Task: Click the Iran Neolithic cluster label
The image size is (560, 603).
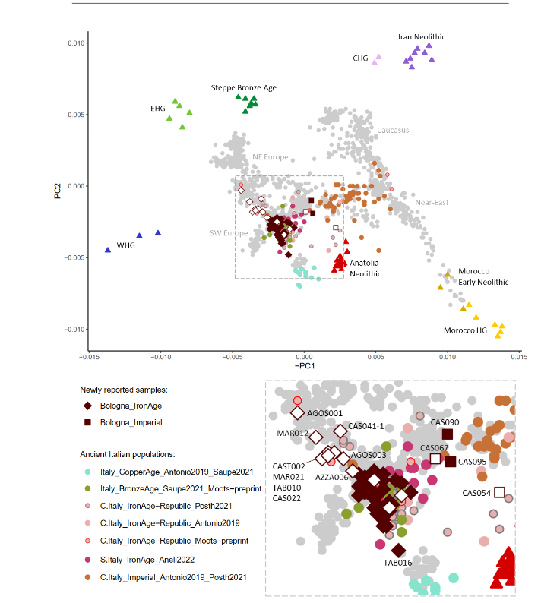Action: (x=422, y=37)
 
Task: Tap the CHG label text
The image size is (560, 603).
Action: (x=360, y=58)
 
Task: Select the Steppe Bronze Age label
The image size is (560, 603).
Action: (x=244, y=87)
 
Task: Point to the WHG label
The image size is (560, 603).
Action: (x=126, y=245)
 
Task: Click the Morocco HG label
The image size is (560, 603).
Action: (x=465, y=330)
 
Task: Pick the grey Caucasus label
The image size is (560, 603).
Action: (x=393, y=130)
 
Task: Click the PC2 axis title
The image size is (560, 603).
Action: (x=57, y=191)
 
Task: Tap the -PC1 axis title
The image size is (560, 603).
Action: (x=305, y=366)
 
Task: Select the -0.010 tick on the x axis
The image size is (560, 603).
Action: (x=161, y=357)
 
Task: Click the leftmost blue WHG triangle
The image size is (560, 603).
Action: (x=108, y=250)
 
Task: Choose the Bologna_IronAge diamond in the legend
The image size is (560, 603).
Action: (x=87, y=406)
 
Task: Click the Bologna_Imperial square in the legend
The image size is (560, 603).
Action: (x=87, y=422)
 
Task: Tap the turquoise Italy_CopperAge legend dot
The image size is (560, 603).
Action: (x=87, y=472)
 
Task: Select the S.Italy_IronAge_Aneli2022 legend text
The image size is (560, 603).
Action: (x=147, y=560)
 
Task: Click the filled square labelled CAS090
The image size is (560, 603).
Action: (x=448, y=434)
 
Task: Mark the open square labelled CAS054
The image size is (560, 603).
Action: (x=499, y=492)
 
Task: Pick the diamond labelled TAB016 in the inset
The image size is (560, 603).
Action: (x=398, y=551)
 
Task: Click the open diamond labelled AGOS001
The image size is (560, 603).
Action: (x=297, y=412)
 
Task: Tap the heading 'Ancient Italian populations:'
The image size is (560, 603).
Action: (x=128, y=455)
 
